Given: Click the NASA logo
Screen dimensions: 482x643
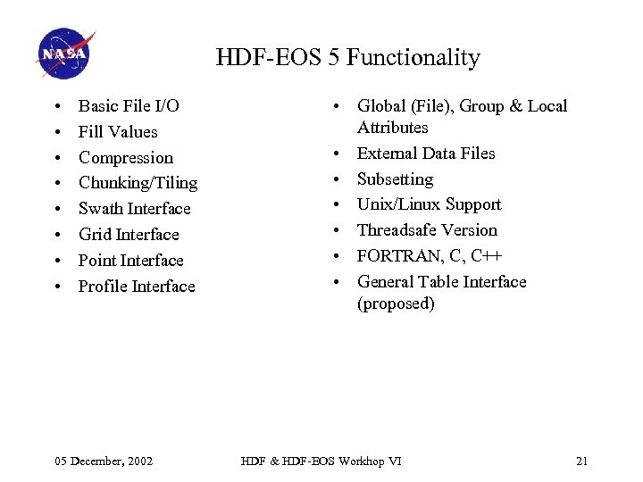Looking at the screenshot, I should [x=65, y=54].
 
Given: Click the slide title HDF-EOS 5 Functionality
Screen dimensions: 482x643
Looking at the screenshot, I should [x=347, y=58].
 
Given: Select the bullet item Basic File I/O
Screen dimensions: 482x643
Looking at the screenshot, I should [x=129, y=106].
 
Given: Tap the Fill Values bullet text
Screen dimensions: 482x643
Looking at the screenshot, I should [x=118, y=132].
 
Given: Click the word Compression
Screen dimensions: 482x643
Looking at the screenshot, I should [x=126, y=158].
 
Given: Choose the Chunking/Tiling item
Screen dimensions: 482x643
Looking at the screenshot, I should [x=138, y=183].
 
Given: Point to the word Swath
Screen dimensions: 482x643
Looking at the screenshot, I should [x=100, y=209].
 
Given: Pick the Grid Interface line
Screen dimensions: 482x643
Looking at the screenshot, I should [x=129, y=235].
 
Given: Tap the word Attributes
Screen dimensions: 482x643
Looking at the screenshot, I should [x=393, y=128].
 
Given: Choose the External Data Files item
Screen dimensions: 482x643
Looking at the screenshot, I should [x=426, y=154].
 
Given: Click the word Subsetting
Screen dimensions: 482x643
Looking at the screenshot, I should [x=395, y=179].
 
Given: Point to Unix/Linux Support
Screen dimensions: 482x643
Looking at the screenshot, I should [x=429, y=204].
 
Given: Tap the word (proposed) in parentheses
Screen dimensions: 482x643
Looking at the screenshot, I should [x=396, y=303].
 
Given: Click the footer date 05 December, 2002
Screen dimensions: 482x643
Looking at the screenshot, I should [x=104, y=461].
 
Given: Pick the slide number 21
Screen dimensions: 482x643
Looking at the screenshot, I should [x=581, y=461].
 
